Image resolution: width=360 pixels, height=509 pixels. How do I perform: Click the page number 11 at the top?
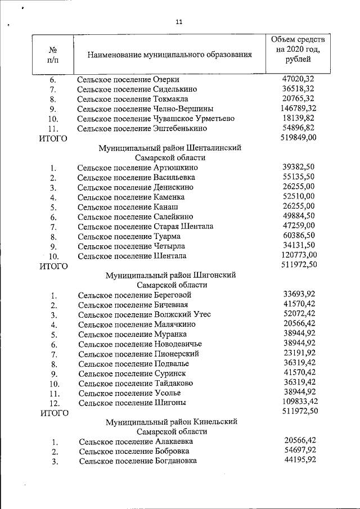[179, 22]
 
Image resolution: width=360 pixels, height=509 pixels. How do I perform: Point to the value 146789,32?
[298, 108]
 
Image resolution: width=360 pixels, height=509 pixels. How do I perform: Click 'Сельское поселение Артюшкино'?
[137, 168]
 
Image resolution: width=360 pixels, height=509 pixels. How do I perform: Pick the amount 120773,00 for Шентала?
[298, 255]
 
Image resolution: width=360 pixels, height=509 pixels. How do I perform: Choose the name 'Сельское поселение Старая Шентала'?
[145, 226]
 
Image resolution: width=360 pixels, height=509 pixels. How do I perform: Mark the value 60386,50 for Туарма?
[298, 236]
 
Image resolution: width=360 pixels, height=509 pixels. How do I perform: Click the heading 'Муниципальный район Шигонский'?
[170, 275]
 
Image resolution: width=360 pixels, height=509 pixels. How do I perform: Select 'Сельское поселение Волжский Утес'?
[144, 314]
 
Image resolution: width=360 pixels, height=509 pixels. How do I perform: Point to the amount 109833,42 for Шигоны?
[298, 402]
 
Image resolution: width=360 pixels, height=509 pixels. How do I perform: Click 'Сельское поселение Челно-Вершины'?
[145, 109]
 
